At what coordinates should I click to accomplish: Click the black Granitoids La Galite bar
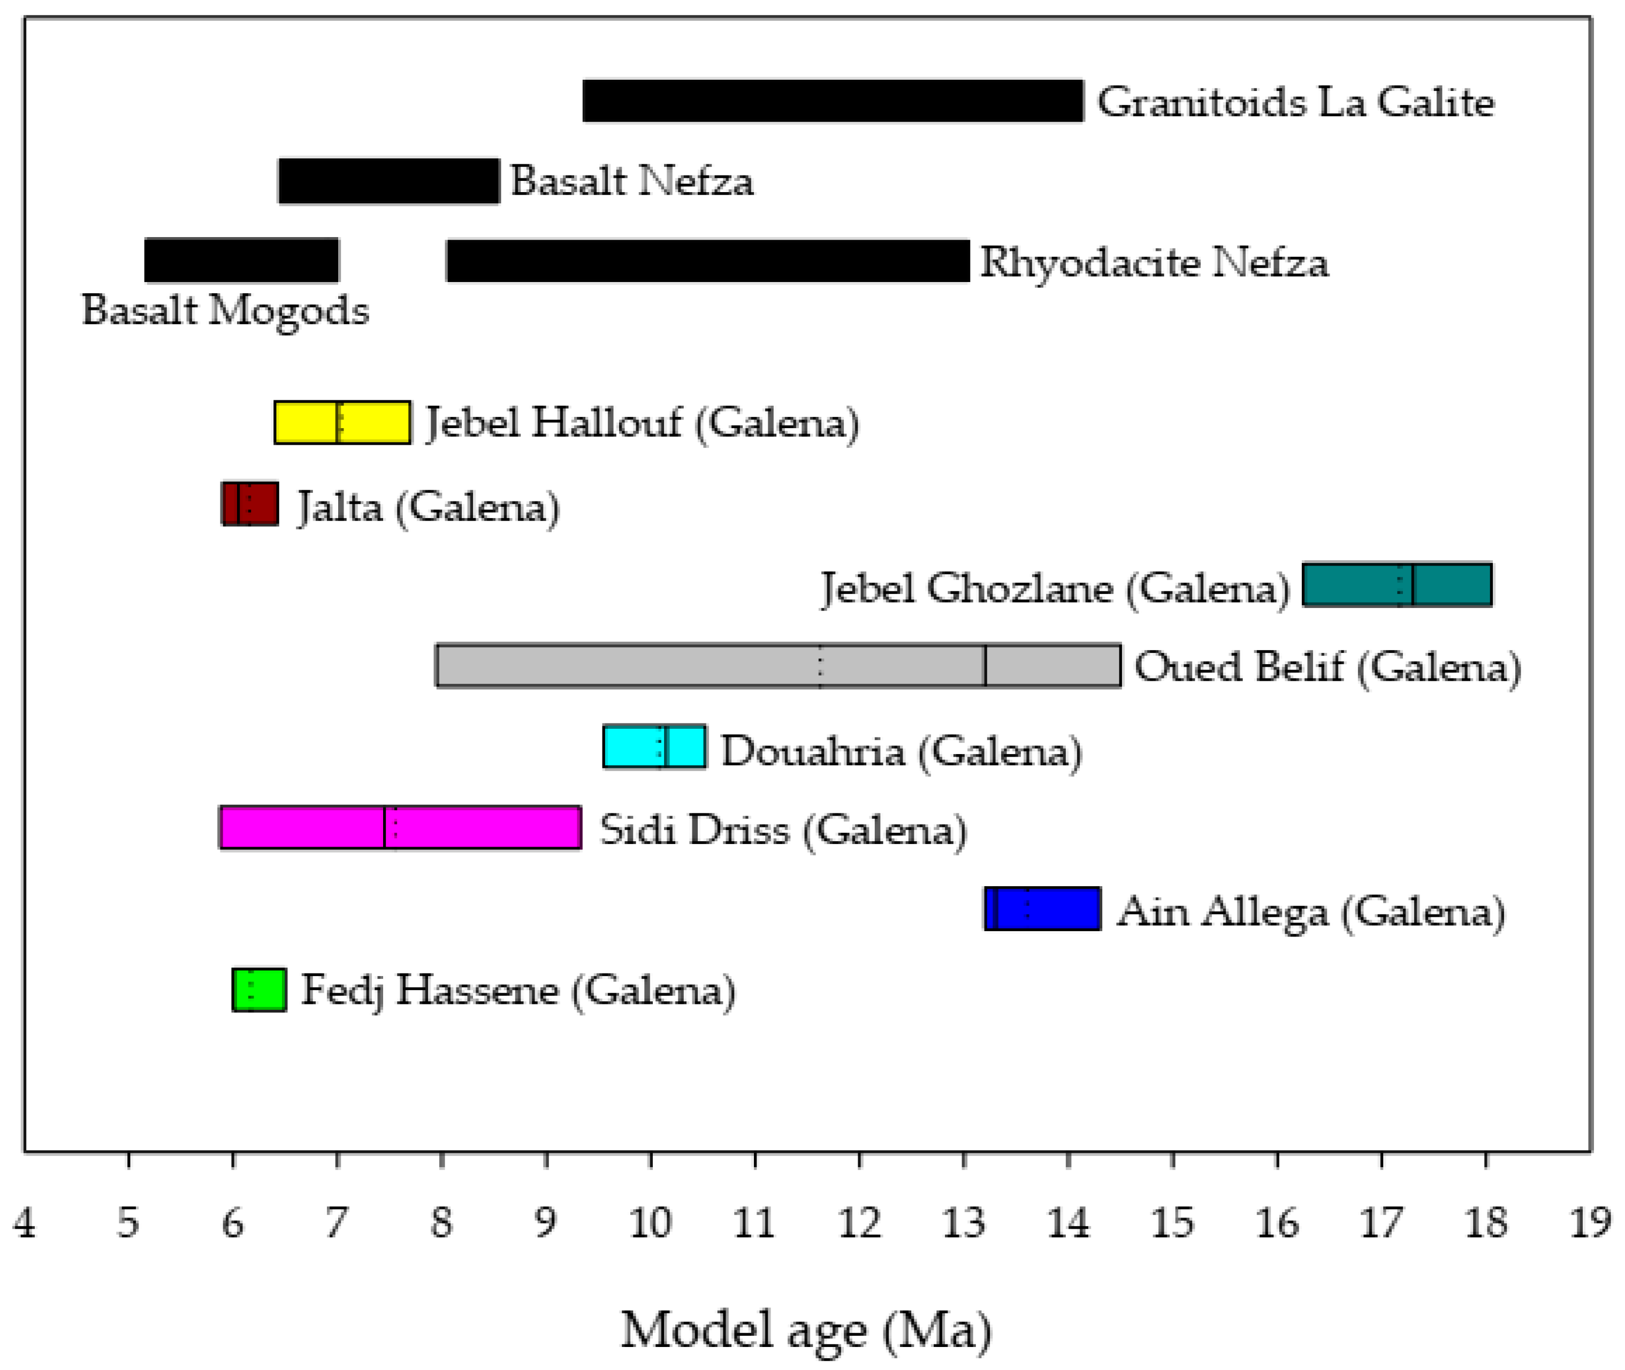point(833,101)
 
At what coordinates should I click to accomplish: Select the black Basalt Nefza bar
point(388,181)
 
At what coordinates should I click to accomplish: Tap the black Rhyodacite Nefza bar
point(707,261)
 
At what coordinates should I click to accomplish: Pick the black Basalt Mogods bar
point(241,261)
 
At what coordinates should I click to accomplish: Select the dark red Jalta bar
point(250,504)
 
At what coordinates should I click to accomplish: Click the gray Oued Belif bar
point(778,666)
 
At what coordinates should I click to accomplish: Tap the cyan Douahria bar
point(654,747)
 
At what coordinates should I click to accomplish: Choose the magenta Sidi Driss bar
point(401,828)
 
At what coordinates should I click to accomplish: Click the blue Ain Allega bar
point(1042,909)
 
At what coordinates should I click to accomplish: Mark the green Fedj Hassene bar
point(260,990)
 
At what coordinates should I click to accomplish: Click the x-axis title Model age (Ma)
point(806,1330)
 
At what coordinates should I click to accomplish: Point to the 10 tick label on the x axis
point(651,1223)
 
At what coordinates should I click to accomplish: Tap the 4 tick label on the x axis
point(24,1223)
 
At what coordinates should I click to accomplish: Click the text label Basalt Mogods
point(225,310)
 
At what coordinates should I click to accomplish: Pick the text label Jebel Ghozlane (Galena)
point(1056,589)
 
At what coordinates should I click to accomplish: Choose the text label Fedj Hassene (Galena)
point(518,992)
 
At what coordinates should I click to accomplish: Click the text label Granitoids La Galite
point(1295,103)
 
